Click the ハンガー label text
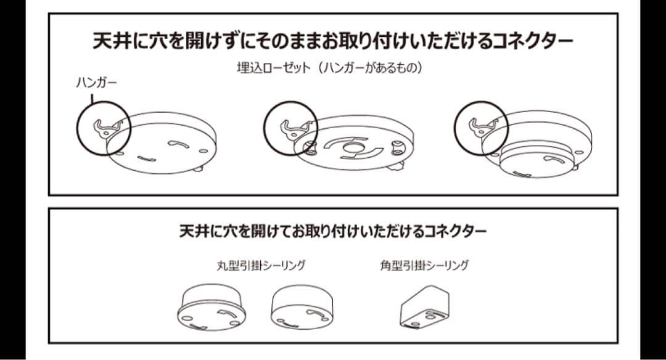click(96, 83)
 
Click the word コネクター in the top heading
click(533, 41)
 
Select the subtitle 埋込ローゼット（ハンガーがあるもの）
click(329, 68)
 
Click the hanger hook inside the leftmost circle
click(106, 127)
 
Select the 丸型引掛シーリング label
click(261, 266)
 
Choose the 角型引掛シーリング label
click(424, 266)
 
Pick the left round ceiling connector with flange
click(211, 307)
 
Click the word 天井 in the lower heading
click(192, 232)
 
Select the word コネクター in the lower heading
click(456, 232)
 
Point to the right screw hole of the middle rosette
click(397, 147)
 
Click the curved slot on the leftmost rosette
click(178, 144)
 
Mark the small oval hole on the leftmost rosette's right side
click(203, 150)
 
